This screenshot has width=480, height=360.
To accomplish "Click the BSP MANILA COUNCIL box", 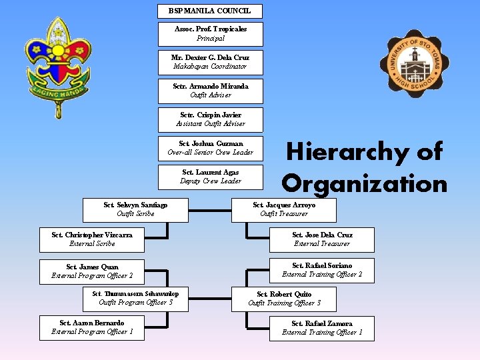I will point(210,11).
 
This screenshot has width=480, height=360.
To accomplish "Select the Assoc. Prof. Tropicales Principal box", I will point(210,33).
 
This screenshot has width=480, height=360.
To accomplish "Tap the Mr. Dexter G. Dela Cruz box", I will point(210,62).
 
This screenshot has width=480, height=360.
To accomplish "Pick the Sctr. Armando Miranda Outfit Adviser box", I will point(210,91).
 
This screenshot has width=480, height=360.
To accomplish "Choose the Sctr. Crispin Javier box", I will point(210,119).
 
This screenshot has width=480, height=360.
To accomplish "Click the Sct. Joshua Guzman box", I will point(210,148).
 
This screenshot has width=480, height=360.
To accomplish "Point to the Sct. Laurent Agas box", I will point(210,177).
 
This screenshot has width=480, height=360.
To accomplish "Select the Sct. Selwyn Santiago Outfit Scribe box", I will point(135,209).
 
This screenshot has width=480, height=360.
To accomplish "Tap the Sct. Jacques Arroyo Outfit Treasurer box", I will point(284,209).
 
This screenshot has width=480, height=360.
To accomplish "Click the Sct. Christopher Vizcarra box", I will point(92,239).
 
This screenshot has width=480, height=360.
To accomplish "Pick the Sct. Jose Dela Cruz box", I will point(322,239).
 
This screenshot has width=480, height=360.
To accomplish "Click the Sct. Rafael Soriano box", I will point(322,270).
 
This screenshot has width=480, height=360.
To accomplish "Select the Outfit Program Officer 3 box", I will point(135,298).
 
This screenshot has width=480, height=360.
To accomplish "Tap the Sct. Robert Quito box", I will point(284,299).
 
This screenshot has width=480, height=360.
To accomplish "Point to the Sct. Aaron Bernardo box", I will point(92,327).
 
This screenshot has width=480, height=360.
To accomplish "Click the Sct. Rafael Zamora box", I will point(322,328).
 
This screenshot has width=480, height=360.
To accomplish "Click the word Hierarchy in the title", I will point(364,153).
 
